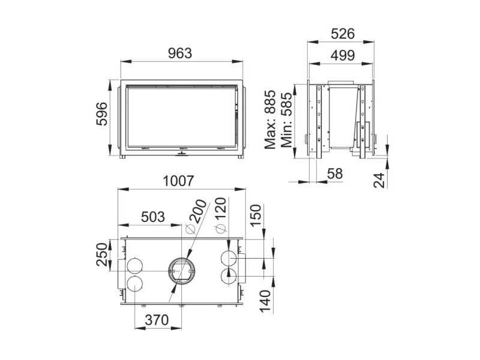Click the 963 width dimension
pyautogui.click(x=180, y=53)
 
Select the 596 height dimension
pyautogui.click(x=102, y=114)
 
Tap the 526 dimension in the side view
pyautogui.click(x=343, y=34)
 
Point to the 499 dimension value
pyautogui.click(x=343, y=55)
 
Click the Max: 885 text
pyautogui.click(x=271, y=119)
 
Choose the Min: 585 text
pyautogui.click(x=287, y=119)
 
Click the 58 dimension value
pyautogui.click(x=335, y=173)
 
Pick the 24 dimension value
pyautogui.click(x=379, y=181)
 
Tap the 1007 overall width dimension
pyautogui.click(x=178, y=181)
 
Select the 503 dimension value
pyautogui.click(x=153, y=217)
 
